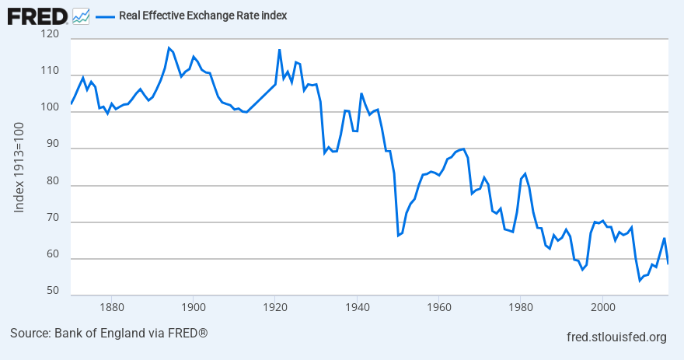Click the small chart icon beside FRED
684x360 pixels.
[80, 16]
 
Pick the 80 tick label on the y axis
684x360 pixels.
[51, 181]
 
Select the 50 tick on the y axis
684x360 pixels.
[51, 291]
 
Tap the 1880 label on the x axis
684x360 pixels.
[110, 306]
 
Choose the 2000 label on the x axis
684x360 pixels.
[602, 306]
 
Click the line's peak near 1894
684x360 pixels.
[169, 47]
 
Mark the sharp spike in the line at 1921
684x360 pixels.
[279, 50]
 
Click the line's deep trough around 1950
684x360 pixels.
[398, 235]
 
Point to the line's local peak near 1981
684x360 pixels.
[525, 173]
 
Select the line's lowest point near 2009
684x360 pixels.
[640, 280]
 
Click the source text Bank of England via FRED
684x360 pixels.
[109, 334]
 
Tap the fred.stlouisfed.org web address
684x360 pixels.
[617, 337]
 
